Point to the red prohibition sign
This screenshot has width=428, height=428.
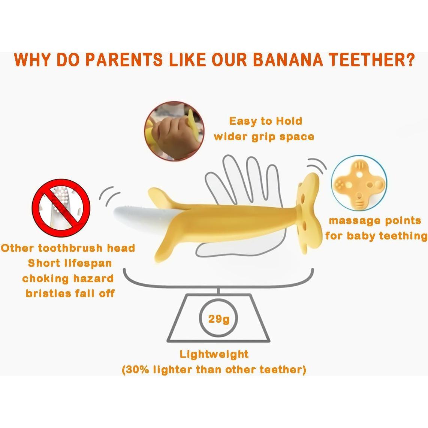coord(61,208)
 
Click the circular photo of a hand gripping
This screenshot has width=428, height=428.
coord(174,131)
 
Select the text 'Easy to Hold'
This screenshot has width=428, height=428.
coord(266,121)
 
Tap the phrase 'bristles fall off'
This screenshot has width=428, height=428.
coord(70,293)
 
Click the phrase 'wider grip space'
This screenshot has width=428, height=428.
coord(264,136)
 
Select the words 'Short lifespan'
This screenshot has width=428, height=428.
coord(70,263)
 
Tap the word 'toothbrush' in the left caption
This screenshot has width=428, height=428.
coord(70,248)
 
